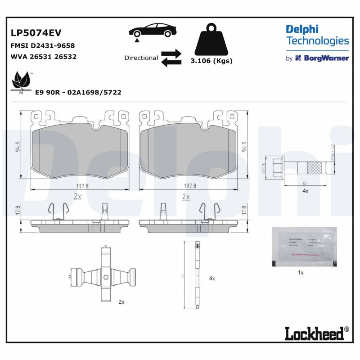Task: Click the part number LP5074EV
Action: (36, 33)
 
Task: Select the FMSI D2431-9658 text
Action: (42, 45)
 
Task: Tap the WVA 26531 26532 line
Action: (43, 57)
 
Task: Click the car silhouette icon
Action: (153, 31)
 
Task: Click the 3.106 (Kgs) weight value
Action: (211, 61)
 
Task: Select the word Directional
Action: (141, 58)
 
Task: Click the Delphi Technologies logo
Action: (317, 36)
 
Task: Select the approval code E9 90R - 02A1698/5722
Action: (78, 92)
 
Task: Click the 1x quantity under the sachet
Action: (301, 273)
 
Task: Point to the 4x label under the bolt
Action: (305, 191)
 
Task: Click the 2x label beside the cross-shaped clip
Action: (121, 302)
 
